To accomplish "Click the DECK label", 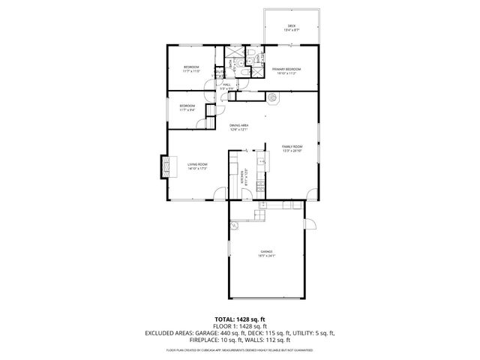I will pos(291,28).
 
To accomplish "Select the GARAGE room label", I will pos(266,253).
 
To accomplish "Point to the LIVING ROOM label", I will pos(197,166).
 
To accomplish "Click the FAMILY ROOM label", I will pos(292,148).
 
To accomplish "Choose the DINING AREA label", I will pos(238,127).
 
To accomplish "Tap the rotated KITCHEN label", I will pos(243,177).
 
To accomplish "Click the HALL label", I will pos(226,87).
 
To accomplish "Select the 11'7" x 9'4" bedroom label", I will pos(187,107).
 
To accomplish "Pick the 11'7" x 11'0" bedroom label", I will pos(190,70).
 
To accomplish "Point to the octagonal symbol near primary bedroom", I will pos(273,96).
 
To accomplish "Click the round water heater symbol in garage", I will pos(234,223).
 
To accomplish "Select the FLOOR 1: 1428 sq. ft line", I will pos(239,325).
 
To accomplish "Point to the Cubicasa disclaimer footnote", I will pos(239,349).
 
